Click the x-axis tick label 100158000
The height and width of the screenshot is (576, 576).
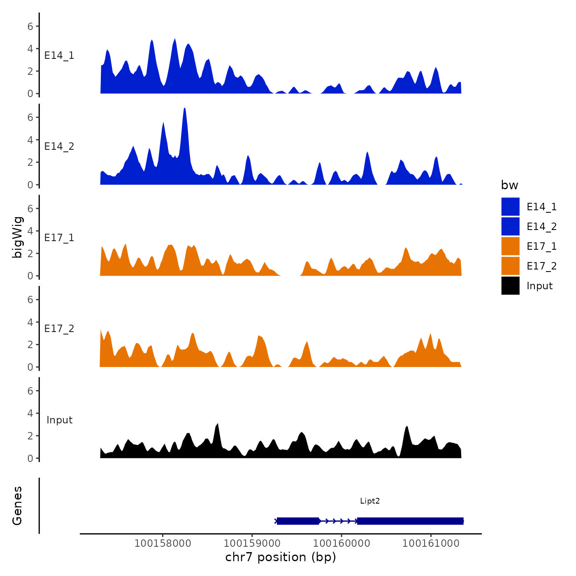(x=163, y=543)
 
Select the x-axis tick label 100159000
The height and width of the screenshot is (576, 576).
(x=252, y=543)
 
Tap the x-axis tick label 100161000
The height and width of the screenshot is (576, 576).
(x=431, y=543)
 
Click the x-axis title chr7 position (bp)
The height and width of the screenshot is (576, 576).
(x=281, y=557)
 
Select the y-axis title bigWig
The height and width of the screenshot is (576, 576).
(x=17, y=237)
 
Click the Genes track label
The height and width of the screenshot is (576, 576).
(x=17, y=506)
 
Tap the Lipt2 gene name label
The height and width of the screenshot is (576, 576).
(x=370, y=501)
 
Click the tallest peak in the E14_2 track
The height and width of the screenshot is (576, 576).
(x=185, y=109)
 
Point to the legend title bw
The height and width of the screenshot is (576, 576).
(x=509, y=185)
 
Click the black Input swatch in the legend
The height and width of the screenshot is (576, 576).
(x=510, y=286)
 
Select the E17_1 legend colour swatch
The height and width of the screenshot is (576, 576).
(x=510, y=246)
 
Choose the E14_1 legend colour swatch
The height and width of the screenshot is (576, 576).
(x=510, y=207)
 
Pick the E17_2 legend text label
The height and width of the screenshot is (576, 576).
(x=541, y=266)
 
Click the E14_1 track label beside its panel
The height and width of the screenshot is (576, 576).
(x=59, y=56)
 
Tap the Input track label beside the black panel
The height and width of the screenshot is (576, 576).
(x=59, y=420)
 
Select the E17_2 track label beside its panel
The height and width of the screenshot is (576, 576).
(x=59, y=329)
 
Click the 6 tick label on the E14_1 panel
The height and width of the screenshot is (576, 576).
(x=30, y=26)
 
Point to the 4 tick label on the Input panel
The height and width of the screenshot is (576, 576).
(x=30, y=413)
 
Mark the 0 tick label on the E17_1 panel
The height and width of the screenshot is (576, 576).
(x=30, y=276)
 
